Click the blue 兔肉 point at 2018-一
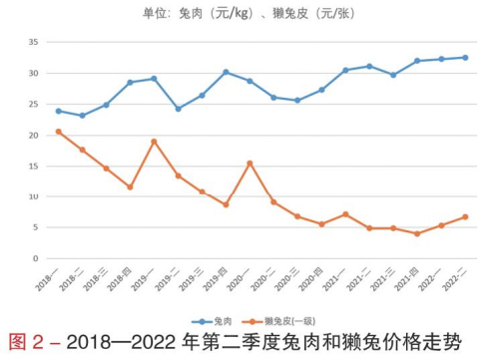(58, 111)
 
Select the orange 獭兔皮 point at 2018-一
(58, 132)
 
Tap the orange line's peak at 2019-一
(154, 142)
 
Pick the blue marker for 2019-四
(226, 72)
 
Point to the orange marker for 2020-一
(250, 164)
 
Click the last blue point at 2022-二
(465, 58)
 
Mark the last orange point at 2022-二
(465, 217)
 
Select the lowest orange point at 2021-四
(417, 233)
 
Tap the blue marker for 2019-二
(178, 109)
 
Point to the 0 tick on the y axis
(35, 258)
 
